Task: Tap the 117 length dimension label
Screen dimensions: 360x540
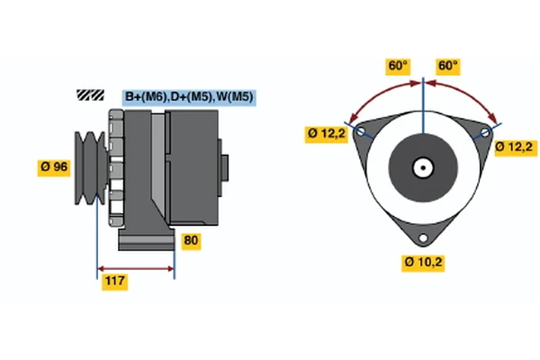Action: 113,283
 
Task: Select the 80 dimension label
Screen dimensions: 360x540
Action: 191,240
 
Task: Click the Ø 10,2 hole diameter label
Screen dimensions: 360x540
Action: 423,263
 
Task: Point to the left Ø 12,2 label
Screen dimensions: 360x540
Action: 326,134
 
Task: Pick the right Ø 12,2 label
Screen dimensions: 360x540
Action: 515,147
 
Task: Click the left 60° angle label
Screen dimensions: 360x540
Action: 397,66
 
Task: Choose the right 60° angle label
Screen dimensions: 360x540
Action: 447,66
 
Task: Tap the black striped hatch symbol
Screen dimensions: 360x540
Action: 91,94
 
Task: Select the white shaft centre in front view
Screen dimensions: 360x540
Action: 422,167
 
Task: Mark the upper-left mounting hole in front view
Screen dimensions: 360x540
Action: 362,132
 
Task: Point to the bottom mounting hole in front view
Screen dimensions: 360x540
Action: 423,238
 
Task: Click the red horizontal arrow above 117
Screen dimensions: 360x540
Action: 135,268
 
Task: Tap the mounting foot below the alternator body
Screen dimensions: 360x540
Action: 148,238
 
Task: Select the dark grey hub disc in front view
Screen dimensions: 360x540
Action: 422,167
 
